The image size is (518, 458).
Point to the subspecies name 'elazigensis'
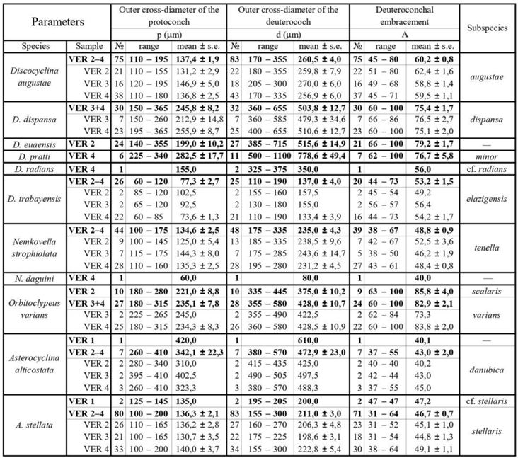coord(488,200)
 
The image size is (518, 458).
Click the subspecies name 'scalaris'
coord(488,271)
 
